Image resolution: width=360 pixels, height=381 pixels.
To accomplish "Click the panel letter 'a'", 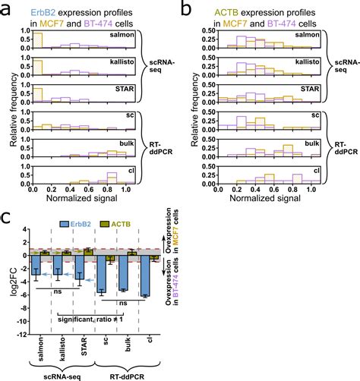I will click(7, 8).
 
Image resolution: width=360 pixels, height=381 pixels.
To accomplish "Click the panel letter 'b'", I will click(186, 8).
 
